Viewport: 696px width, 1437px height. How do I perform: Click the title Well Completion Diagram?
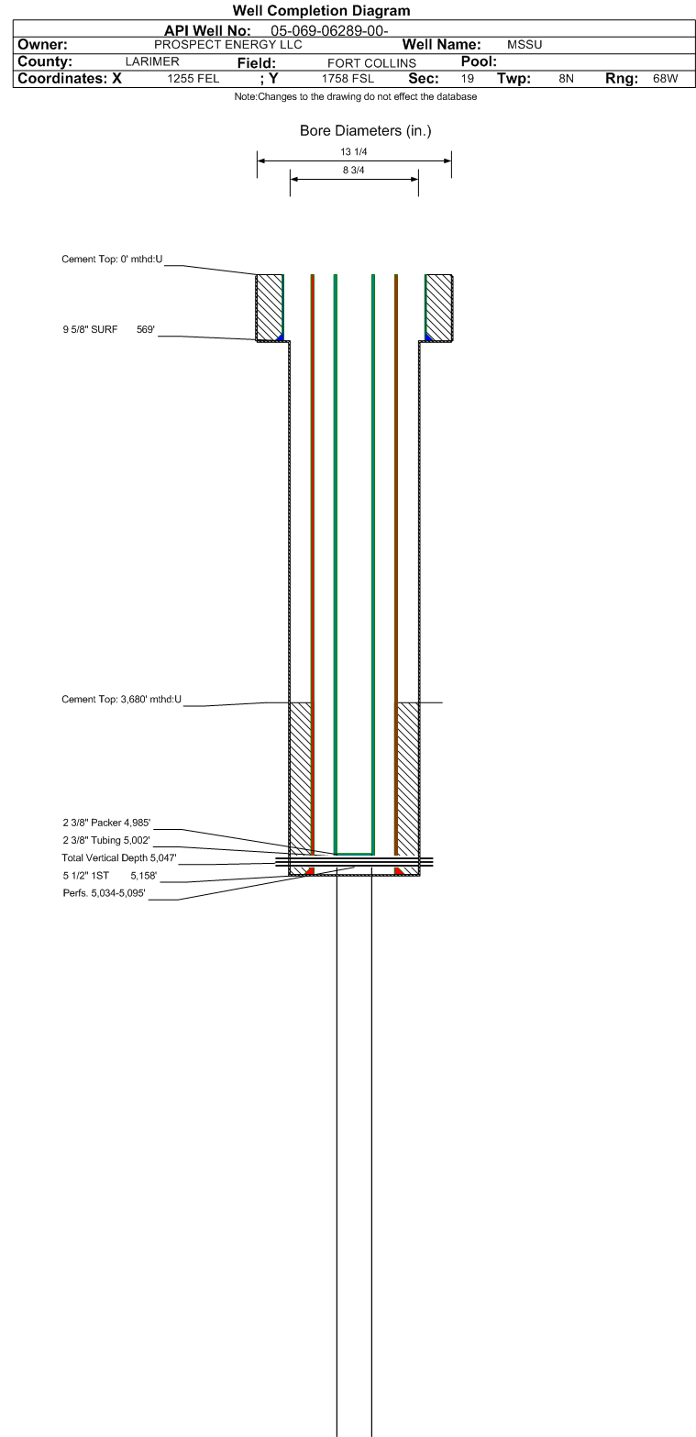321,10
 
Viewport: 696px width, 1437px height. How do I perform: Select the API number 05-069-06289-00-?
329,30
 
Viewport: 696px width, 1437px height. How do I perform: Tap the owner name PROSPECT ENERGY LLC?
227,44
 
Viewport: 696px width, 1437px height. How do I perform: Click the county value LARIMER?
152,61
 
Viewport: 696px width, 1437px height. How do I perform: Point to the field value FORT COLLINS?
371,63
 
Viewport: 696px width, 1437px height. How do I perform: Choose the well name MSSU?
525,44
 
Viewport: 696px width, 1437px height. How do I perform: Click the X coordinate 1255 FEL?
193,78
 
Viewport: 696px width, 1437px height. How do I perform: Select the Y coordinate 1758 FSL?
348,78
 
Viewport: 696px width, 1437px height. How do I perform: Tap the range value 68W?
665,78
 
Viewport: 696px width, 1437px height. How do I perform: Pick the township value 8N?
566,78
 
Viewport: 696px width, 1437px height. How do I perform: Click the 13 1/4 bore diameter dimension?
353,151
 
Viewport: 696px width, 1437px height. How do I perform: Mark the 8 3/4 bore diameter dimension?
353,170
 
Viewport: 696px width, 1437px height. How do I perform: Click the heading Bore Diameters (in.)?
366,130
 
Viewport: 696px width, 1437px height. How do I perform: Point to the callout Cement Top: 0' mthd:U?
112,260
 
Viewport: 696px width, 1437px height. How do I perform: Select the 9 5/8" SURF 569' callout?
108,329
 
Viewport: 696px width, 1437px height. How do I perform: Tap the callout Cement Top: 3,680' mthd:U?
121,700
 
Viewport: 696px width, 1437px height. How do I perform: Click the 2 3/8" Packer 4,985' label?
106,823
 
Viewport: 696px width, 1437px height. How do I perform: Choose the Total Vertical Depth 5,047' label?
118,857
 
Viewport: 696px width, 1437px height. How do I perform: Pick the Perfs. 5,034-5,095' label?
104,893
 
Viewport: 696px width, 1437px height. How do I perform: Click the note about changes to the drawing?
356,96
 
